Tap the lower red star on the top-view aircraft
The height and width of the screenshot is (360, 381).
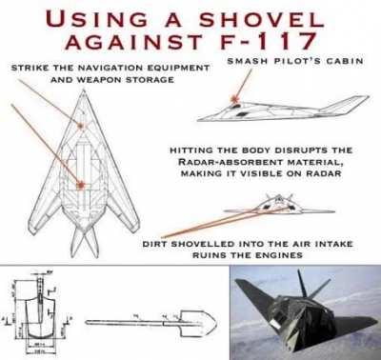click(x=83, y=183)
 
